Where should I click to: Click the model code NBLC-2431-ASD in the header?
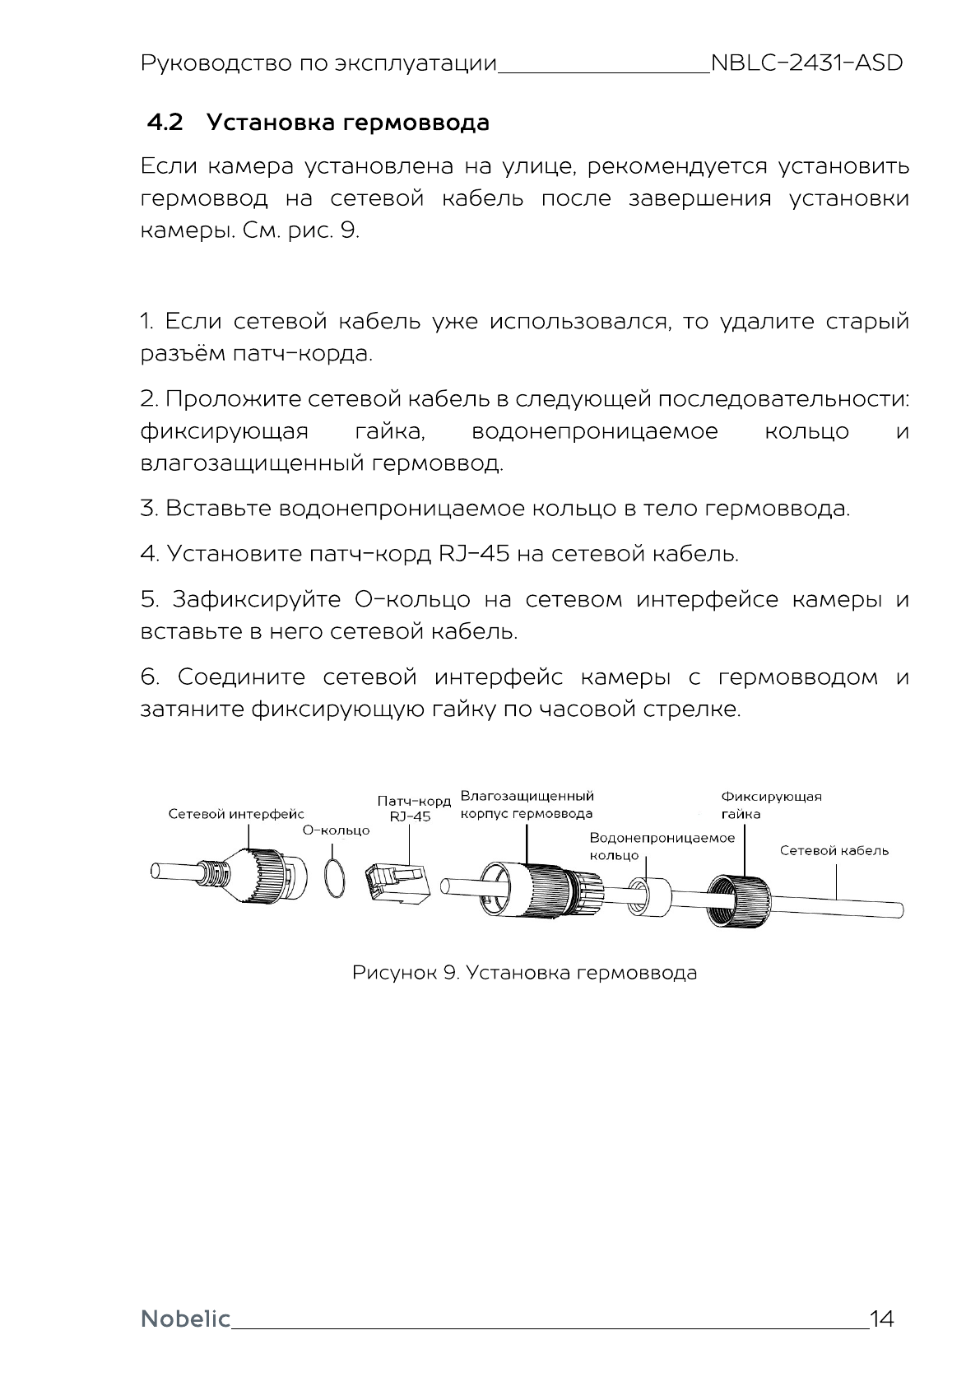tap(806, 63)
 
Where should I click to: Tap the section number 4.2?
tap(165, 123)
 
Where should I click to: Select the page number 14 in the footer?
tap(881, 1319)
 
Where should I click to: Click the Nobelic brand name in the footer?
tap(186, 1319)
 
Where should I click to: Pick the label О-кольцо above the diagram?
tap(337, 830)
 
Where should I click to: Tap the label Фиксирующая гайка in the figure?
tap(770, 805)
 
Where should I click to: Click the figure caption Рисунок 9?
tap(524, 973)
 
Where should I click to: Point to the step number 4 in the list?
tap(149, 554)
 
